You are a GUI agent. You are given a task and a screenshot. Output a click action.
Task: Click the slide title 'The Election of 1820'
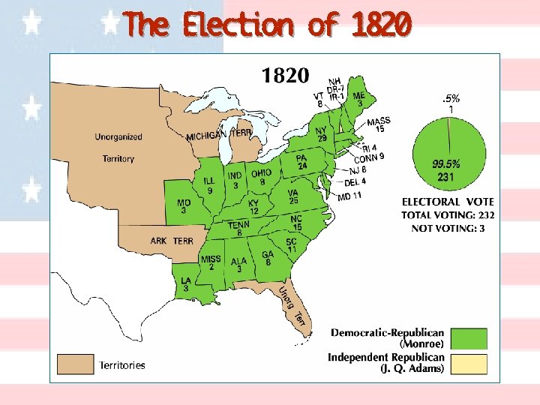(x=267, y=25)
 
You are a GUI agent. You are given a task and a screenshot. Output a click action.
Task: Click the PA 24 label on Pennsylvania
(x=302, y=162)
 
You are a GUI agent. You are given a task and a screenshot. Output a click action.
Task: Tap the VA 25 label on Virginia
(x=293, y=196)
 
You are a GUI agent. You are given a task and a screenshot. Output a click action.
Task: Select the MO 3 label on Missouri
(x=184, y=207)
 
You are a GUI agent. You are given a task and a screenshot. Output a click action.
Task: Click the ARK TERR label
(x=172, y=241)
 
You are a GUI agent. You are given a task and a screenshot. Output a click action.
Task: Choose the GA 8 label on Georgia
(x=268, y=258)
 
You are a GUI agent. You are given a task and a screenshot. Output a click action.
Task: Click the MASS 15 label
(x=379, y=124)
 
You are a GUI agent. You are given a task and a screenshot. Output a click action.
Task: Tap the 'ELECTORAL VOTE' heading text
(x=448, y=202)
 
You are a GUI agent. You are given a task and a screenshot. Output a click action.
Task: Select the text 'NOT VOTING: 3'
(x=448, y=228)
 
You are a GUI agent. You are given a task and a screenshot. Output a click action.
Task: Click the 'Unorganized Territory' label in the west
(x=118, y=148)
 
